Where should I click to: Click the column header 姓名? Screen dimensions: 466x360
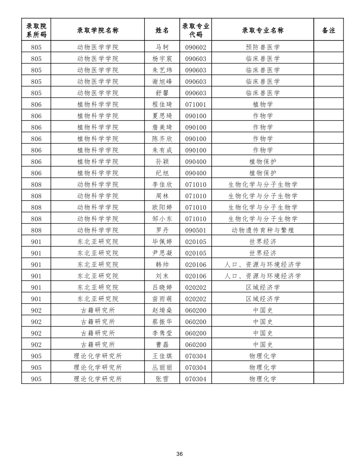(162, 30)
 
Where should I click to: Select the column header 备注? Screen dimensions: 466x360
(328, 30)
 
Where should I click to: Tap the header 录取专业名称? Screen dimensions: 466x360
(263, 30)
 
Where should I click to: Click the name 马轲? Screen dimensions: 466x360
(162, 47)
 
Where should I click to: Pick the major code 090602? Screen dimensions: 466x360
(196, 47)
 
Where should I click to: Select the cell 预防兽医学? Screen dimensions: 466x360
(263, 47)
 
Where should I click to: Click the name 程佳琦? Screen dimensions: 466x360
(162, 104)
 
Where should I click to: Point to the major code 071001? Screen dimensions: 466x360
(196, 104)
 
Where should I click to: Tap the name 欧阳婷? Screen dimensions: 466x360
(162, 207)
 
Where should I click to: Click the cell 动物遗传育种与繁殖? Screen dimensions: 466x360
(263, 230)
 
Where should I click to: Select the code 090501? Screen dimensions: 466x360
(196, 230)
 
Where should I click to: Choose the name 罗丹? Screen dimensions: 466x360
(162, 230)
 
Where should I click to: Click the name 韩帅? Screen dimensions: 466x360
(162, 264)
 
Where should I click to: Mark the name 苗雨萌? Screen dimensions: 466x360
(162, 299)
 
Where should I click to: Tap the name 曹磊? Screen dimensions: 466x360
(162, 344)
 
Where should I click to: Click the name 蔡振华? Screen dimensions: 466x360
(162, 322)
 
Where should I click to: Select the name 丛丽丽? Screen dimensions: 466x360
(162, 367)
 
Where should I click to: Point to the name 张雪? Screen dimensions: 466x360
(162, 379)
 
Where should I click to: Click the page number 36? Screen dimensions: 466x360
(180, 454)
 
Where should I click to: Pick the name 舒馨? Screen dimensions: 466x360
(162, 93)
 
